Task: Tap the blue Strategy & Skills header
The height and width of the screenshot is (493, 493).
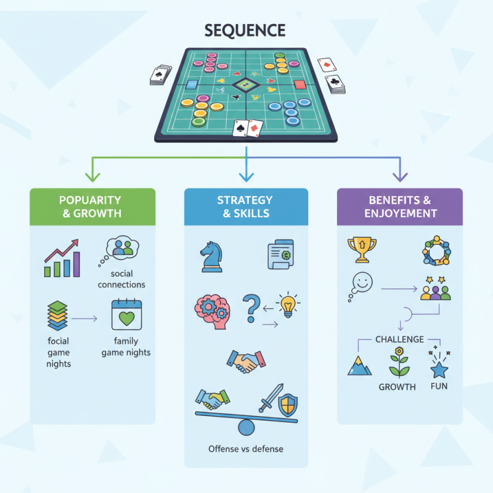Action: click(246, 206)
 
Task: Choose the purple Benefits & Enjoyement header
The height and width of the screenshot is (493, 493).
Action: click(400, 206)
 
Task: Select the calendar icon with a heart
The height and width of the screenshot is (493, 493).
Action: click(126, 316)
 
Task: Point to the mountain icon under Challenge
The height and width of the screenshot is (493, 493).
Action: click(359, 365)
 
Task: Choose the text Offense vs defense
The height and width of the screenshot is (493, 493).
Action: click(246, 449)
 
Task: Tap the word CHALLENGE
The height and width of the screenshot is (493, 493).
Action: click(399, 339)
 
